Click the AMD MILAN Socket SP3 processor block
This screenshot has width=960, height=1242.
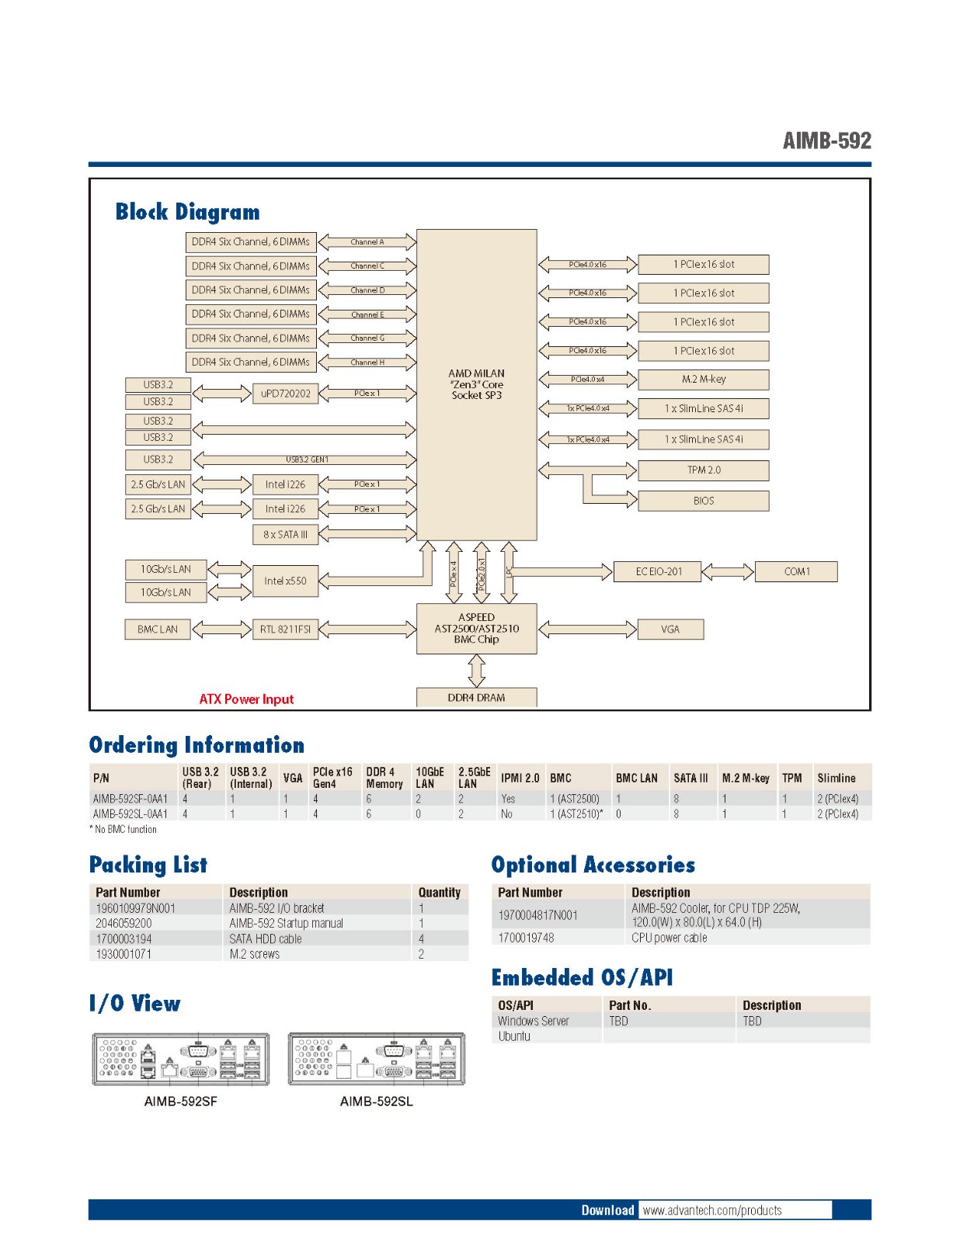click(x=476, y=384)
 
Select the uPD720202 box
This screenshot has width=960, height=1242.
click(x=285, y=394)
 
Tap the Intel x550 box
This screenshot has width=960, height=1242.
click(x=285, y=581)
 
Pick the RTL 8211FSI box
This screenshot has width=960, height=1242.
click(x=285, y=629)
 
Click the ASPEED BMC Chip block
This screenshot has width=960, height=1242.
click(x=476, y=629)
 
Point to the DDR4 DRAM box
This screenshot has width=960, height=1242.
click(x=476, y=697)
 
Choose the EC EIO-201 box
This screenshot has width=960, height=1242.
click(x=658, y=571)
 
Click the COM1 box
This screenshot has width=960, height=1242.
click(x=796, y=571)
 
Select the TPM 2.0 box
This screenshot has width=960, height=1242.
click(x=703, y=470)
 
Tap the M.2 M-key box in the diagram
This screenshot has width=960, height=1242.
click(x=703, y=379)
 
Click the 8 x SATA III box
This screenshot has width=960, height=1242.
click(x=285, y=534)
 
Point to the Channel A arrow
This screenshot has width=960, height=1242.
click(x=367, y=242)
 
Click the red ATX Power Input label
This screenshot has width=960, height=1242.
click(x=246, y=699)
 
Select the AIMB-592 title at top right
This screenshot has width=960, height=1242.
click(x=826, y=141)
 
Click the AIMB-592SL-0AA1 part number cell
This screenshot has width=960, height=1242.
click(x=130, y=814)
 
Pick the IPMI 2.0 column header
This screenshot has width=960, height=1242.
click(x=520, y=778)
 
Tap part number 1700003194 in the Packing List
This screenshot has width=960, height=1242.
click(x=124, y=938)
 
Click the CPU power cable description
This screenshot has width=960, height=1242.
click(x=669, y=938)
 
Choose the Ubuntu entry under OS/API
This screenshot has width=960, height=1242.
click(x=514, y=1036)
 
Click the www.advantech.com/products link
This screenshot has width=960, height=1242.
click(x=712, y=1210)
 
